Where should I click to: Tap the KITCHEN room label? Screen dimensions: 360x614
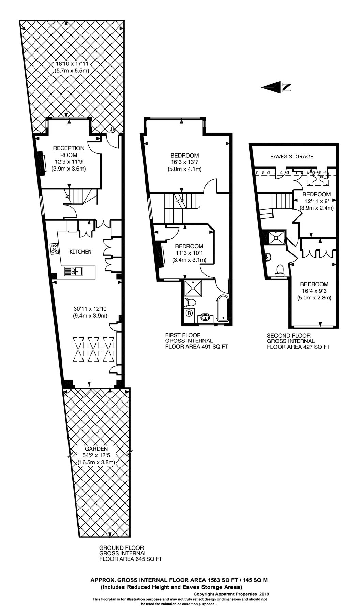point(80,252)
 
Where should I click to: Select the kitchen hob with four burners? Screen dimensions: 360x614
point(54,248)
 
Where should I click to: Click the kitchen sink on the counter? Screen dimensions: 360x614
point(74,272)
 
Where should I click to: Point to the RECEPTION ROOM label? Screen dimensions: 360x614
point(69,151)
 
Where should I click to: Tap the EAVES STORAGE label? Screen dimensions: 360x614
point(292,156)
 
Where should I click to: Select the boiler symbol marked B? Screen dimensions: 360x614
point(189,312)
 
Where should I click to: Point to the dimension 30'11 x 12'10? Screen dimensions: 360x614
point(90,309)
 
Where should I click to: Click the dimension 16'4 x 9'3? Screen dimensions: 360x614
point(315,291)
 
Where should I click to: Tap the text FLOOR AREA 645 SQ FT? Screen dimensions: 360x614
point(131,559)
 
